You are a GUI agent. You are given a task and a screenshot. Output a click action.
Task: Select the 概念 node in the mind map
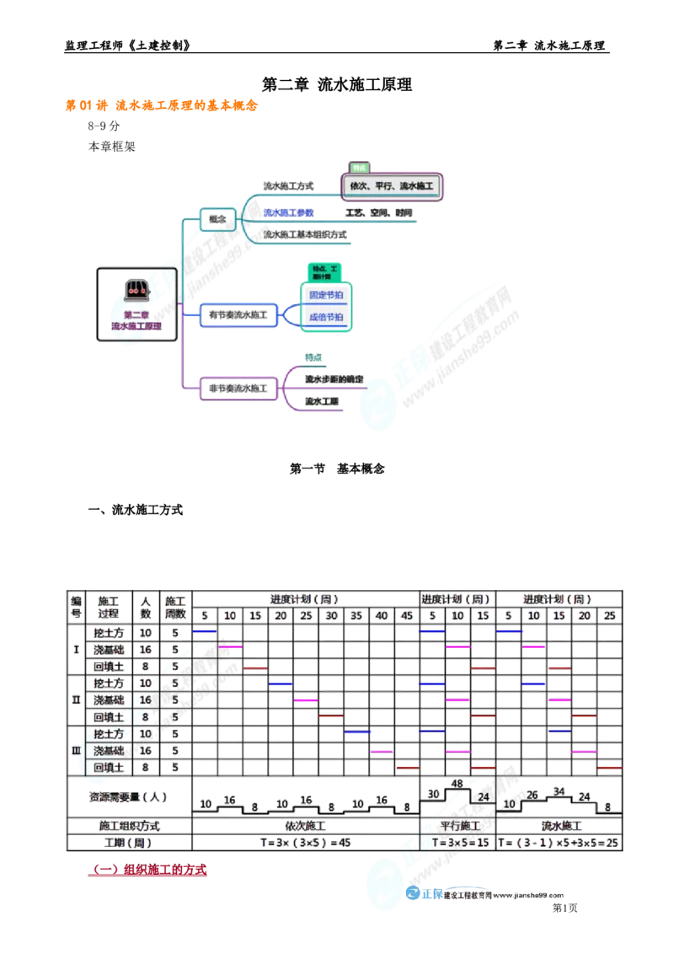point(217,219)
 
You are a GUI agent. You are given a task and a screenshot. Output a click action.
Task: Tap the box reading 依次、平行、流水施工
point(391,185)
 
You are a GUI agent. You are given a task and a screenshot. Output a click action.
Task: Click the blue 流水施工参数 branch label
point(288,213)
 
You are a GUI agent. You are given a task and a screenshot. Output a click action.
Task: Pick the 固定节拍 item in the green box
point(326,296)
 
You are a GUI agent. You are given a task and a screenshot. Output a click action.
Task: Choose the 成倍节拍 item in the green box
point(326,318)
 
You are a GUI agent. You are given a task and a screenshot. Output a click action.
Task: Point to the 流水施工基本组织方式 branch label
point(305,235)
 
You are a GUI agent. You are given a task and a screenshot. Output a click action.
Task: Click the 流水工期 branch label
point(321,402)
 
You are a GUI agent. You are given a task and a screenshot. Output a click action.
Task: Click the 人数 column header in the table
point(146,605)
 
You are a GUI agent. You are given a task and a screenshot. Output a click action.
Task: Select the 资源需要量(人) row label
point(129,796)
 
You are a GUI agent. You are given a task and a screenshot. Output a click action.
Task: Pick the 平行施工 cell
point(457,826)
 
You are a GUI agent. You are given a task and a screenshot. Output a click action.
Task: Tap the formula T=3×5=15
point(457,843)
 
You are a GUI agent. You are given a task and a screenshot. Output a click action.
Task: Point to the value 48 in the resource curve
point(458,783)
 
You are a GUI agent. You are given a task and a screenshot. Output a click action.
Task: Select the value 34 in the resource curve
point(559,791)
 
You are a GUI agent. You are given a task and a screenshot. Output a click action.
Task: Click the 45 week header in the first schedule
point(407,616)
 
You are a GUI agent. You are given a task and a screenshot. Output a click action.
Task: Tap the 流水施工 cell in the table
point(559,826)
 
